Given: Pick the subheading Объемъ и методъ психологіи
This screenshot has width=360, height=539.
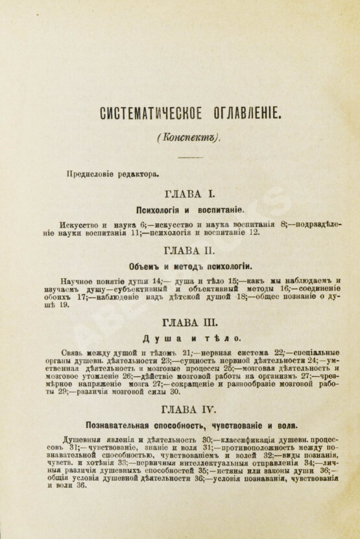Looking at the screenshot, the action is click(189, 265).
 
